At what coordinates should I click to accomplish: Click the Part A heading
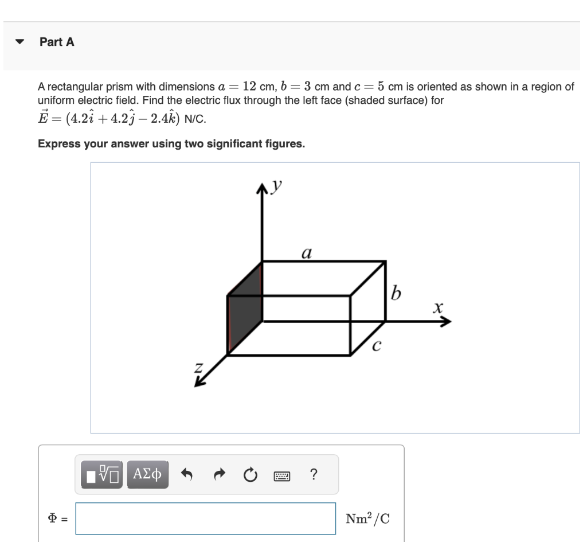click(57, 42)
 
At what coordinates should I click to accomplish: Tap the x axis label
click(438, 309)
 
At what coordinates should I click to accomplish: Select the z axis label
click(199, 367)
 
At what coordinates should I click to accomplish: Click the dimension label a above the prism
click(307, 252)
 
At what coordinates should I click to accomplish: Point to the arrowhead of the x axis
click(445, 322)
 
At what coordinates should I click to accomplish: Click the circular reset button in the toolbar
click(249, 475)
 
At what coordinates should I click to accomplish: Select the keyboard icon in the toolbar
click(283, 475)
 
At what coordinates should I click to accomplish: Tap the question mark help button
click(313, 474)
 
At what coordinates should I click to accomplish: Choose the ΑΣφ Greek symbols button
click(147, 474)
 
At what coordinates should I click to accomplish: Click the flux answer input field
click(205, 518)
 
